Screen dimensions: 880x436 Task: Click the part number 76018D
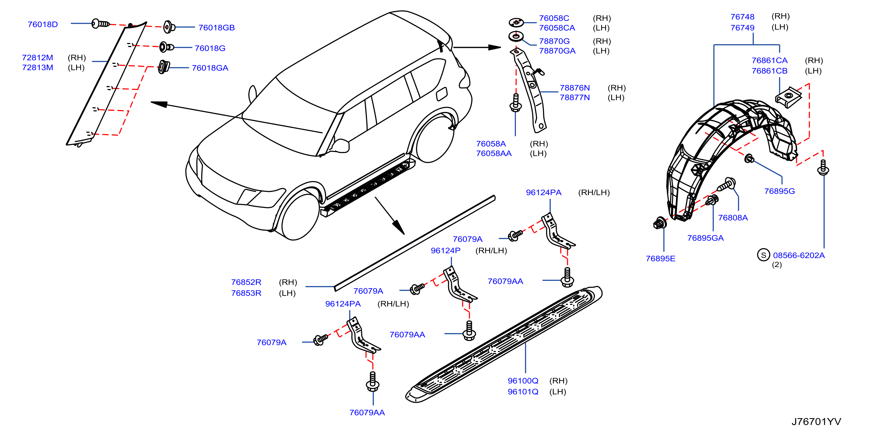pos(43,25)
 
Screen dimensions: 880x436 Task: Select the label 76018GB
pos(217,28)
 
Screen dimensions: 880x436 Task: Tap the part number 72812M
pos(38,57)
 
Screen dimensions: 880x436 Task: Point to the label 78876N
pos(575,88)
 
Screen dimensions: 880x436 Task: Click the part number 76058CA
pos(557,28)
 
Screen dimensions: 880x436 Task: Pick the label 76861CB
pos(769,71)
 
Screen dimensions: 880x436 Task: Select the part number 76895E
pos(660,259)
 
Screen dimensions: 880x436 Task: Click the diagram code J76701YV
pos(816,422)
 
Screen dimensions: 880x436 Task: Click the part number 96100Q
pos(523,381)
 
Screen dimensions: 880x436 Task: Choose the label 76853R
pos(246,293)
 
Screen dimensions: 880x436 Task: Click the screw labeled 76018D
pos(100,24)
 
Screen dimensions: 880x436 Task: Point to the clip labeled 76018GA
pos(164,67)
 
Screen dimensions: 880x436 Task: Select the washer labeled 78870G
pos(516,36)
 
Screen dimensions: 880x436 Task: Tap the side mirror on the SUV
pos(340,146)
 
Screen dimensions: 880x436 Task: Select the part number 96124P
pos(445,251)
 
